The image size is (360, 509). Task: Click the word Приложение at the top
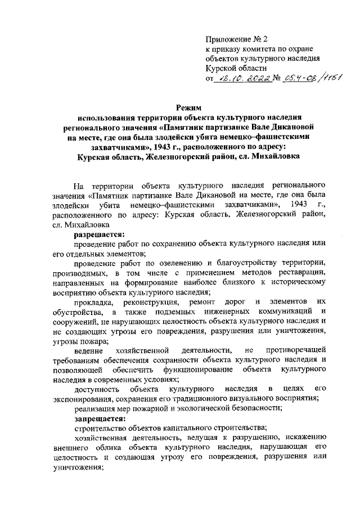227,39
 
